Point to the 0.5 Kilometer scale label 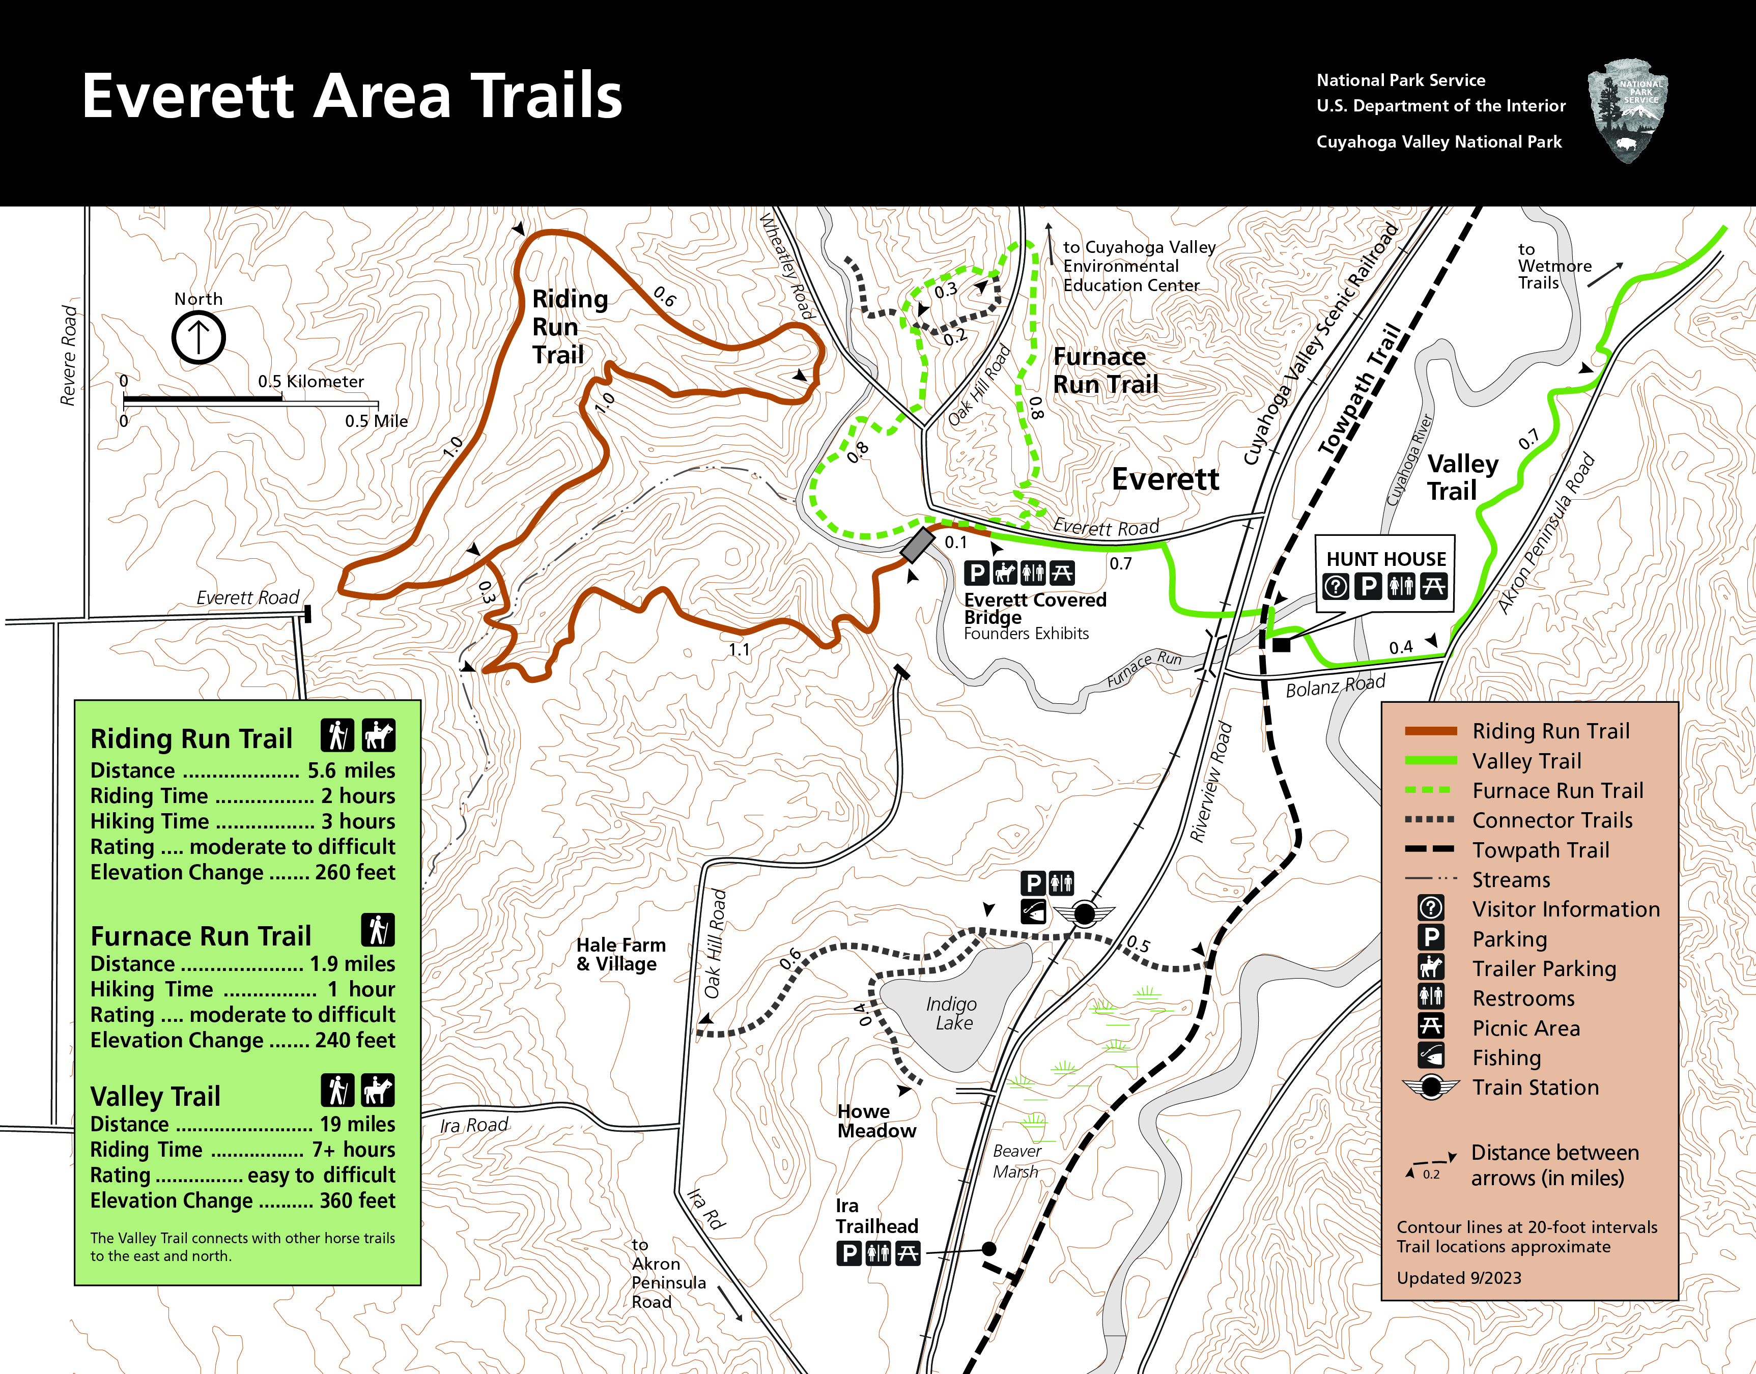(x=310, y=381)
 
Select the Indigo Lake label (x=952, y=1013)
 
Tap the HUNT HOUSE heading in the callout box (x=1385, y=559)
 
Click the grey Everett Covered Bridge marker (x=917, y=545)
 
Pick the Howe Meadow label (x=876, y=1121)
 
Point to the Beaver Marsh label (x=1016, y=1161)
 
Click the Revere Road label (x=69, y=355)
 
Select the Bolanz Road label (x=1335, y=686)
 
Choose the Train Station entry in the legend (x=1535, y=1087)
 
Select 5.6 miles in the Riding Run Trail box (x=351, y=770)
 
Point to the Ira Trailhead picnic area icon (x=908, y=1253)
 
